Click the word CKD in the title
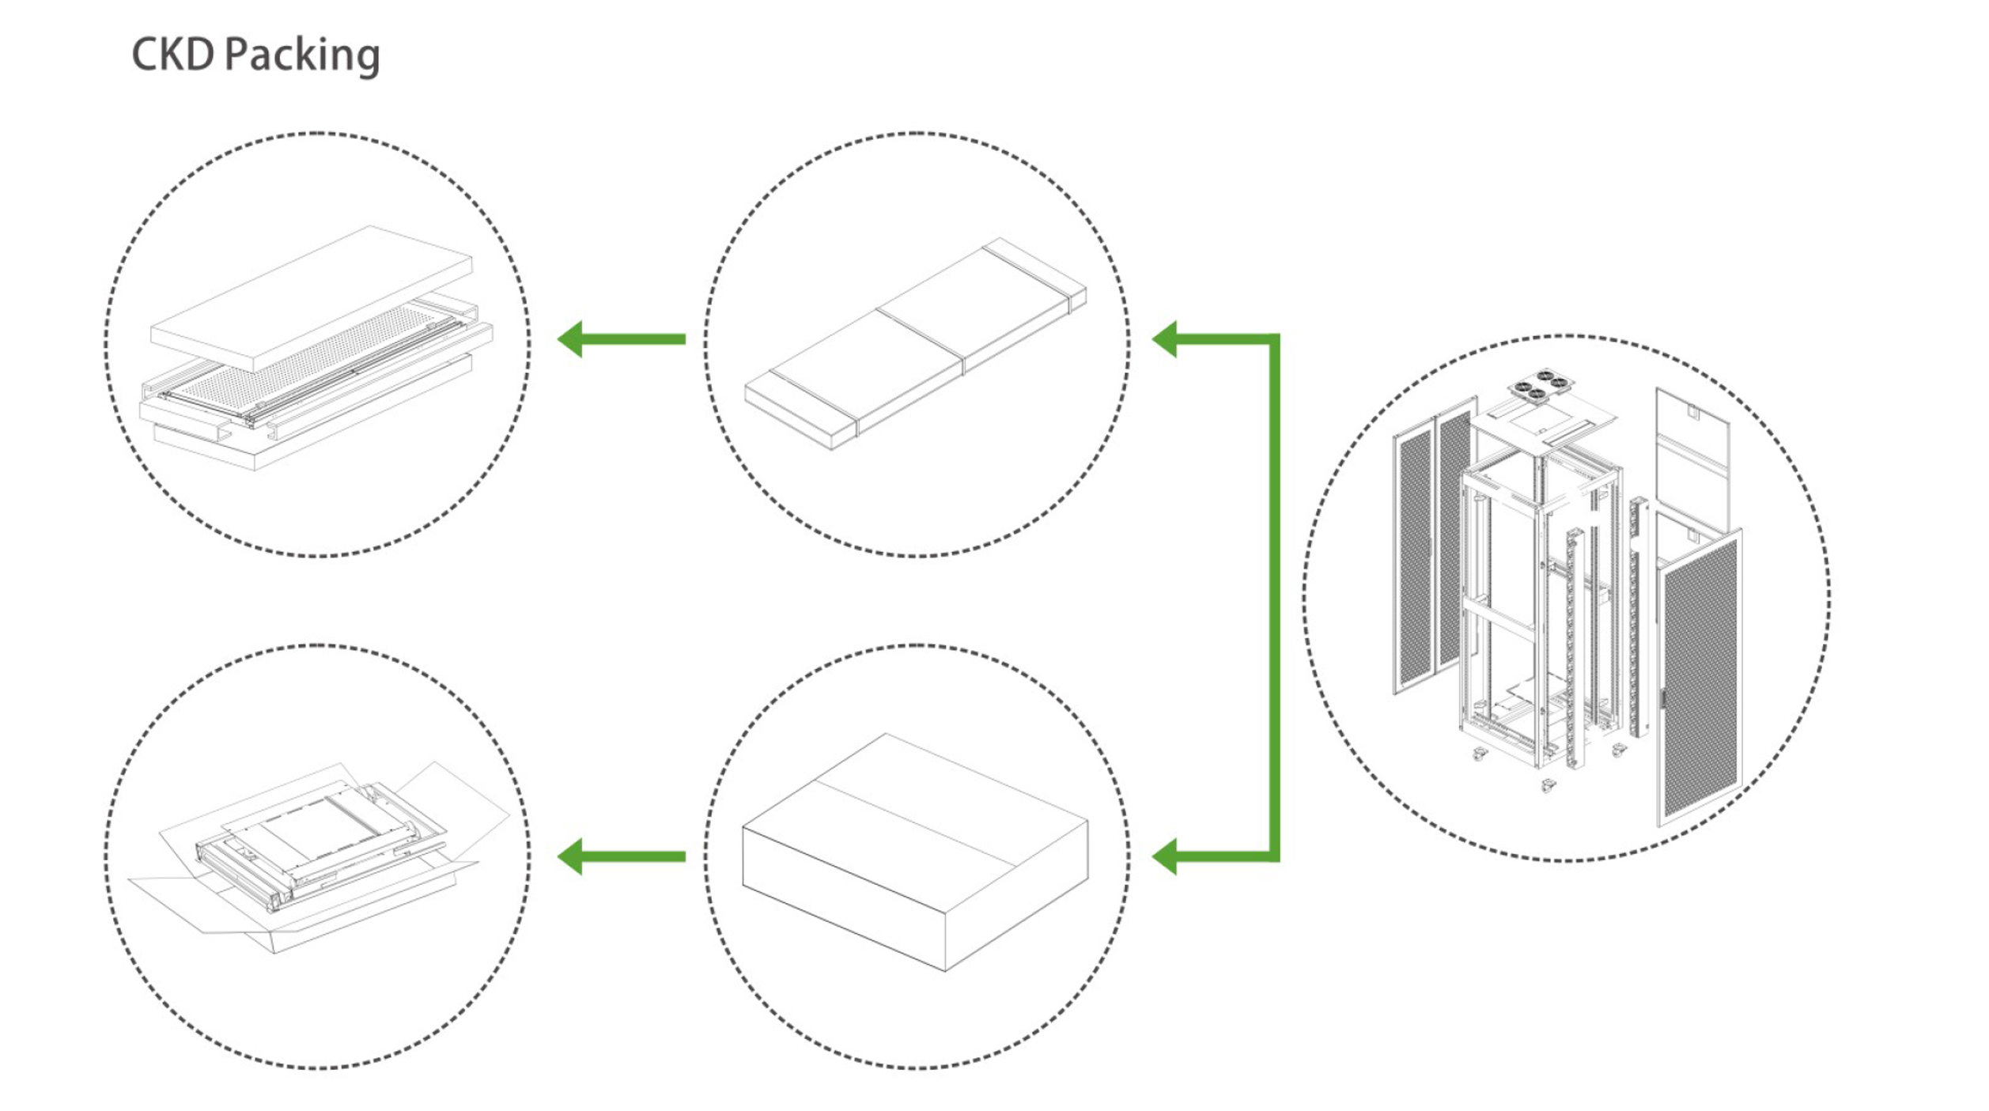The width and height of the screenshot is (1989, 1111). click(172, 55)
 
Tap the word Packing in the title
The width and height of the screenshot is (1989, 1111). click(302, 56)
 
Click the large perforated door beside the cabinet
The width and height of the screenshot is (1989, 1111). click(1700, 680)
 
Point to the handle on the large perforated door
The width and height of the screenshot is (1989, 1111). click(1663, 698)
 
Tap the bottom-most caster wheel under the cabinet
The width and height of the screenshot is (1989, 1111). click(1548, 785)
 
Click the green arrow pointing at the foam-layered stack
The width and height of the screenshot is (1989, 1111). click(622, 339)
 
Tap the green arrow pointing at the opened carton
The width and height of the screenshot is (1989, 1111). click(622, 856)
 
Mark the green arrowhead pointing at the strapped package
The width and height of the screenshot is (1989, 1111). click(1165, 339)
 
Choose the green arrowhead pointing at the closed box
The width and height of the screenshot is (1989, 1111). click(1165, 856)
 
